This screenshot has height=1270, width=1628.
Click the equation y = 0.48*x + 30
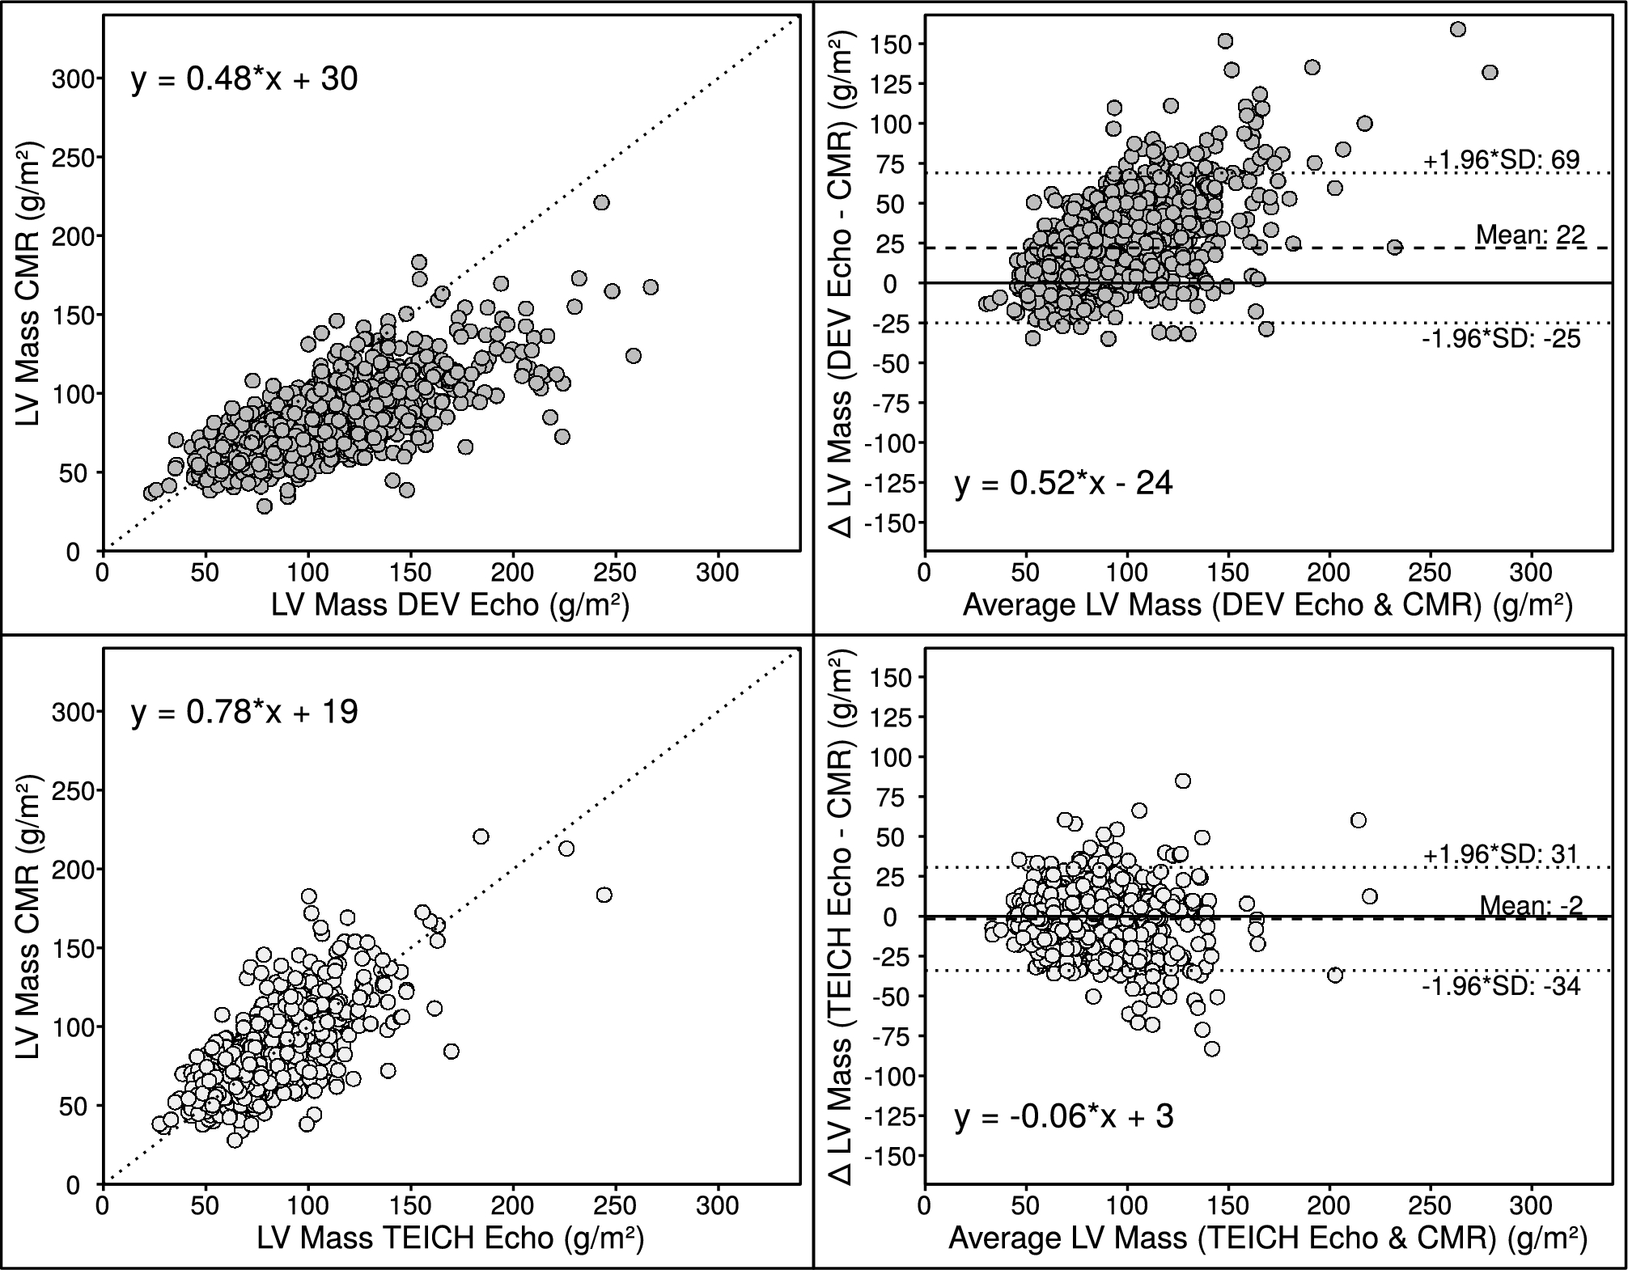click(244, 79)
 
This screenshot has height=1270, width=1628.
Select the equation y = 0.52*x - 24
click(1063, 484)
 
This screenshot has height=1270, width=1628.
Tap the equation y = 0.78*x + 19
click(244, 713)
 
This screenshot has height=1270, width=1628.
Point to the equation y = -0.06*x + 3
click(1063, 1117)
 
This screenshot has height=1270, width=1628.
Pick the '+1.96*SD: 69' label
click(1501, 160)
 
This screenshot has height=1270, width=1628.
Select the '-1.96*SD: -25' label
click(1501, 338)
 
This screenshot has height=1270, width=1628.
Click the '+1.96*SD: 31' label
click(1501, 854)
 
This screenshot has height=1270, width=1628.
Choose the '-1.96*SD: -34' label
click(1501, 986)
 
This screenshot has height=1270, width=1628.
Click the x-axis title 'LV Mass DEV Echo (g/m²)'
click(450, 604)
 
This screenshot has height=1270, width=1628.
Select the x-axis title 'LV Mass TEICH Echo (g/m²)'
click(450, 1238)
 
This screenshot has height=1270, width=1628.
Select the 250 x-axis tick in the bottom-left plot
click(616, 1206)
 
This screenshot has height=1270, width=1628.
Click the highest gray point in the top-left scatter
click(601, 202)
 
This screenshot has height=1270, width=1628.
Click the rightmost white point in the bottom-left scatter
click(604, 895)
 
